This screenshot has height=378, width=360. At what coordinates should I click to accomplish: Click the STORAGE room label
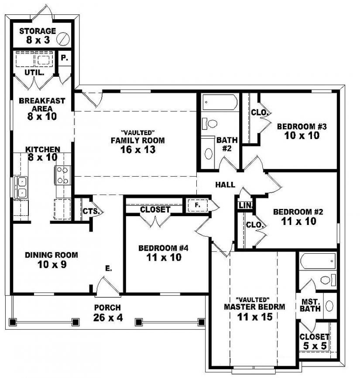(38, 31)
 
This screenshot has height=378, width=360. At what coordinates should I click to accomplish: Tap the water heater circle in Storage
(64, 38)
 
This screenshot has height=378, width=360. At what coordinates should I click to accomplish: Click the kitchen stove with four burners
(62, 175)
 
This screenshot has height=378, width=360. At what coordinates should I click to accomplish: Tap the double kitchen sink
(21, 187)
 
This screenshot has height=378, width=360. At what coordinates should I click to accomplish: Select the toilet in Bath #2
(209, 123)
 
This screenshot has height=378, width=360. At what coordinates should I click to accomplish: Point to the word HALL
(225, 184)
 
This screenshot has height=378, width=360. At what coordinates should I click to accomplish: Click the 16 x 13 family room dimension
(137, 150)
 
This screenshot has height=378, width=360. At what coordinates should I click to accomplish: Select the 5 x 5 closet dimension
(314, 347)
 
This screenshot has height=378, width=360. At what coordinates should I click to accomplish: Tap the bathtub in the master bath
(318, 263)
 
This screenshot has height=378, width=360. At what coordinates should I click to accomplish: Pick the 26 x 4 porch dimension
(108, 317)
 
